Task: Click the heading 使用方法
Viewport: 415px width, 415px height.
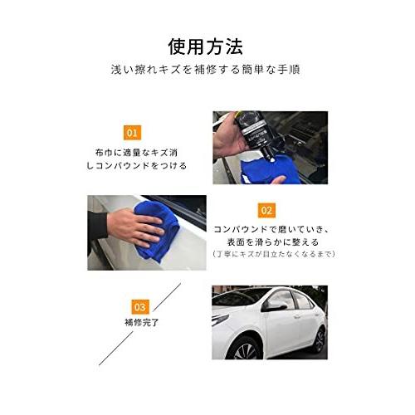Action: click(x=207, y=43)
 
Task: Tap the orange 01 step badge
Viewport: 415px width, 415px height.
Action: click(x=131, y=132)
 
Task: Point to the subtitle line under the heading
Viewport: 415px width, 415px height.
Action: click(x=207, y=71)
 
